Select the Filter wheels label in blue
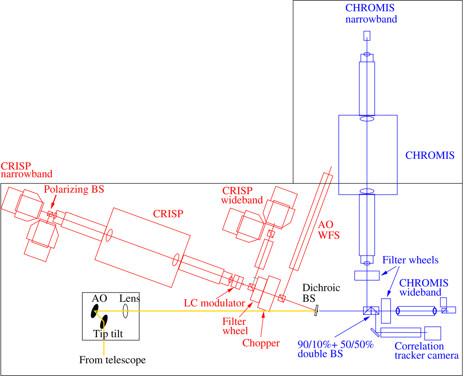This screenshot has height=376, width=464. (x=411, y=260)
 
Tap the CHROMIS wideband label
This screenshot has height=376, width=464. (x=424, y=288)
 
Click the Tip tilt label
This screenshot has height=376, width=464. (x=108, y=333)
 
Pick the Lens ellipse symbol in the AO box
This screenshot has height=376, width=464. (x=125, y=311)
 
